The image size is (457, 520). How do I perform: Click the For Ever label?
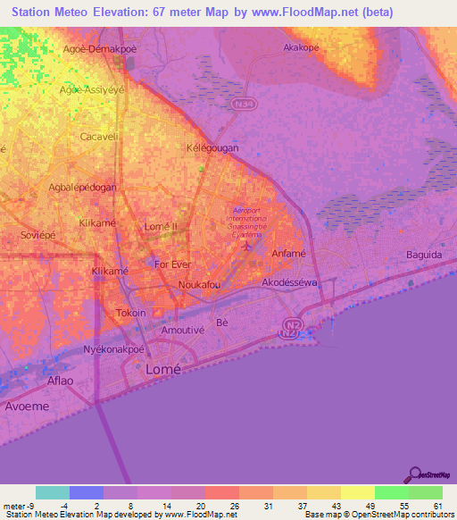pos(173,264)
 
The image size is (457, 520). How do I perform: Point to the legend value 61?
pos(436,506)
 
